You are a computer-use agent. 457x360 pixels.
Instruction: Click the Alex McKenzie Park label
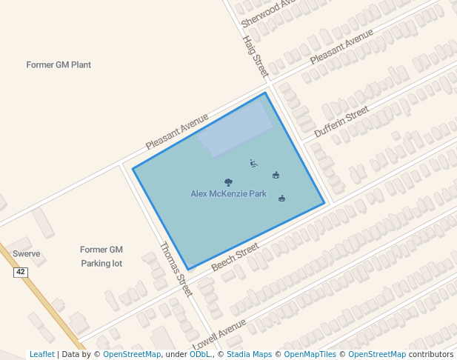228,193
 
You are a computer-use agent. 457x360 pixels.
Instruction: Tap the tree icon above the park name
228,181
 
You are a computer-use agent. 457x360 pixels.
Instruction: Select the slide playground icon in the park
253,163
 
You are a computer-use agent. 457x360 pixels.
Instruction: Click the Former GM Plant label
59,64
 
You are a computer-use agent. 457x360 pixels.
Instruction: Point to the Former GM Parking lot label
101,256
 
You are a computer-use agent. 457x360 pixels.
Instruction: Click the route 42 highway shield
20,273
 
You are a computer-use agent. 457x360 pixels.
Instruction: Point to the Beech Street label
235,256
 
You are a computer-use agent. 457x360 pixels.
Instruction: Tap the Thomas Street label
176,268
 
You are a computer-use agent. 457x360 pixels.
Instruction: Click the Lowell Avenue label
219,334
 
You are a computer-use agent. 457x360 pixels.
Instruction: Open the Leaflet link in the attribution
41,354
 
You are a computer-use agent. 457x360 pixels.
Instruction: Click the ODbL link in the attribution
200,354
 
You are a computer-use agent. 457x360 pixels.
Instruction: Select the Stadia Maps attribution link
249,354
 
